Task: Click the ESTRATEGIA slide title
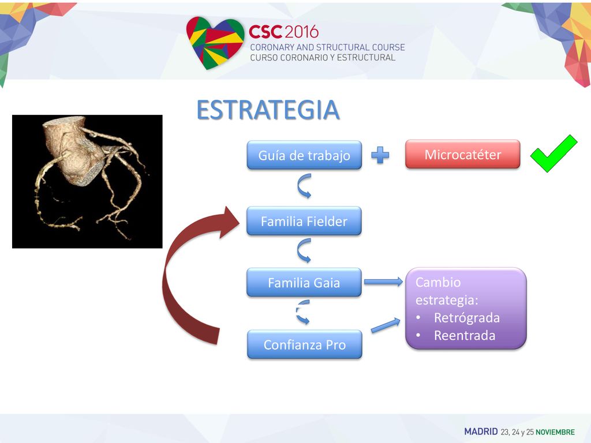[x=268, y=110]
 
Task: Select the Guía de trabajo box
[x=304, y=155]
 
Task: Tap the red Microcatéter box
[x=463, y=154]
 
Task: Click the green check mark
[x=553, y=153]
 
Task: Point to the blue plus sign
[x=380, y=155]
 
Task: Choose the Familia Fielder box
[x=304, y=221]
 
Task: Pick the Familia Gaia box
[x=304, y=283]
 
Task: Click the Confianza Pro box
[x=305, y=344]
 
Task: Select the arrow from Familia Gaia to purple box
[x=383, y=281]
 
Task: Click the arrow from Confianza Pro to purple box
[x=385, y=325]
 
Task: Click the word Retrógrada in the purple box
[x=466, y=318]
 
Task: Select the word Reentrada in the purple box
[x=465, y=335]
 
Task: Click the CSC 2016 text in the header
[x=283, y=32]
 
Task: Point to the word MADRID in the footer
[x=481, y=431]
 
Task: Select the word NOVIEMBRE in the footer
[x=555, y=432]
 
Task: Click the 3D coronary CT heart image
[x=87, y=182]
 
